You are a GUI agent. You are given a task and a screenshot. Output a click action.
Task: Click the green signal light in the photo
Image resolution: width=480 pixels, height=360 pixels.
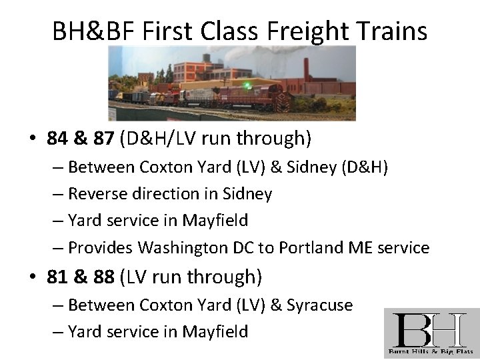pos(248,85)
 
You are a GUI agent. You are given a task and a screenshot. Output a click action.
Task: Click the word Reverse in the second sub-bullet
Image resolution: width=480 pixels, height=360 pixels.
pos(97,193)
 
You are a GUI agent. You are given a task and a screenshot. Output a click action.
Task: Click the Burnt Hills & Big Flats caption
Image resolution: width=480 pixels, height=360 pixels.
pos(431,350)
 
